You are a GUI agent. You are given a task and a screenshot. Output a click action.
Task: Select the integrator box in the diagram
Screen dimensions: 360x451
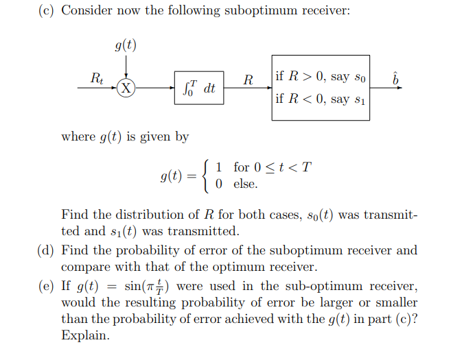click(200, 88)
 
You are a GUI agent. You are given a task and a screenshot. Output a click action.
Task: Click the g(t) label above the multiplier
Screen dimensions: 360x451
click(126, 47)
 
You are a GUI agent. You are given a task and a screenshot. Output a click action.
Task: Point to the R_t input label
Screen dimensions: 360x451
click(98, 79)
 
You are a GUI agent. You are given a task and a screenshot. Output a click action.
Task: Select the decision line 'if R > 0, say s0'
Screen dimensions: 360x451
click(320, 76)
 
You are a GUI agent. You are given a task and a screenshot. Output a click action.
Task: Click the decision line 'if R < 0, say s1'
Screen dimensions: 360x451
click(320, 99)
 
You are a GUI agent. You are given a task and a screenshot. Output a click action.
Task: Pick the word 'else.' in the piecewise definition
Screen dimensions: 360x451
click(246, 184)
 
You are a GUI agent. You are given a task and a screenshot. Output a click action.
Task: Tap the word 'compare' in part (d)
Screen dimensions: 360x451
click(85, 267)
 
